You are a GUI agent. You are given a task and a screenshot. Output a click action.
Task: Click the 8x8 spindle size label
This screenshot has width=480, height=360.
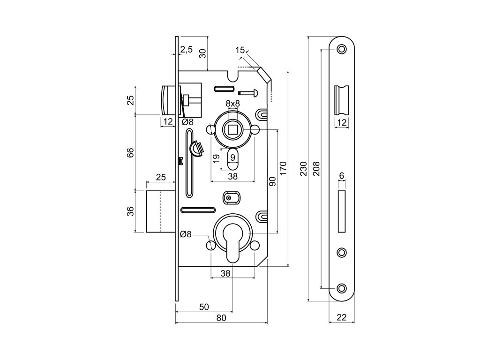[x=232, y=103]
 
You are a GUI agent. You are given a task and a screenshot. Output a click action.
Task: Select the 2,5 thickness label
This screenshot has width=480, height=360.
[x=186, y=50]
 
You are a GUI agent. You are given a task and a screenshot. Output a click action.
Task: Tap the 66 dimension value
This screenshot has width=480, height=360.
[x=131, y=153]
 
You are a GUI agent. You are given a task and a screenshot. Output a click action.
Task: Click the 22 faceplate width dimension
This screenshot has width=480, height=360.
[x=341, y=318]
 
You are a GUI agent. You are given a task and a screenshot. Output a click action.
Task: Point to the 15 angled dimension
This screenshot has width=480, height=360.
[x=240, y=50]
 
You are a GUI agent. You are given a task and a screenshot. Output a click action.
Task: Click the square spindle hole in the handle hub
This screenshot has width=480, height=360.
[x=232, y=129]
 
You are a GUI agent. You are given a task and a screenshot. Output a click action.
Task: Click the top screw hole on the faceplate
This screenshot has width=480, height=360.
[x=342, y=49]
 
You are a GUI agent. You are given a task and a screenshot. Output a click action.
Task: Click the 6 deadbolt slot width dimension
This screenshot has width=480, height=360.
[x=342, y=175]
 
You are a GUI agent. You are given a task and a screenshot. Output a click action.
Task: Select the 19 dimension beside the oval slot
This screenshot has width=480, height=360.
[x=216, y=158]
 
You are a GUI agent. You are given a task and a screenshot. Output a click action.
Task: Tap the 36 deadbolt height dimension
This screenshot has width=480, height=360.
[x=131, y=211]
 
